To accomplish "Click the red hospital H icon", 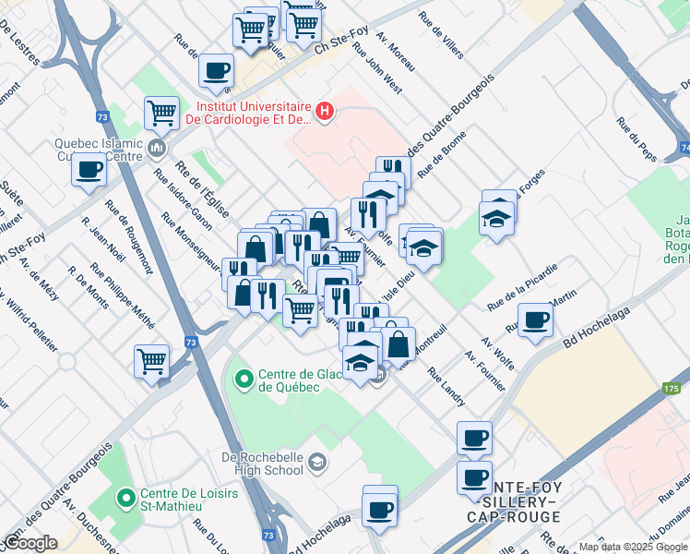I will pos(324,113).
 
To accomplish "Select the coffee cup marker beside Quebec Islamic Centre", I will pos(89,171).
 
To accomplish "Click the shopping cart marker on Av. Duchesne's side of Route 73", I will pos(151,361).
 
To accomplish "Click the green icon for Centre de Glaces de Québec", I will pos(244,379).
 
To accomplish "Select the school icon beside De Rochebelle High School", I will pos(316,462).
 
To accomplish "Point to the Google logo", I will pos(30,543).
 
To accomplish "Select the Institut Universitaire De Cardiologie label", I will pos(249,112).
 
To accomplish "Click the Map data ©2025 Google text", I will pos(633,547).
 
